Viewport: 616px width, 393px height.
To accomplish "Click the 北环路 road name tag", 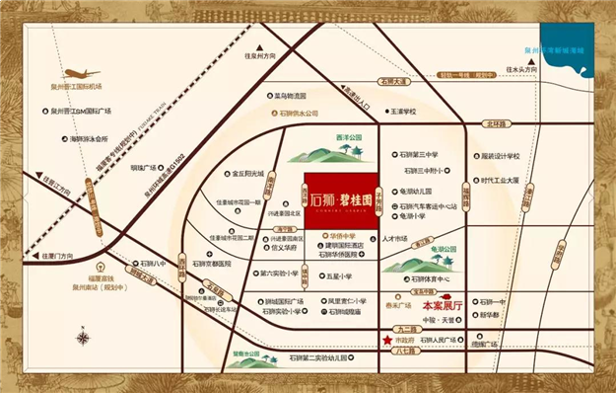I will pos(492,124).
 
